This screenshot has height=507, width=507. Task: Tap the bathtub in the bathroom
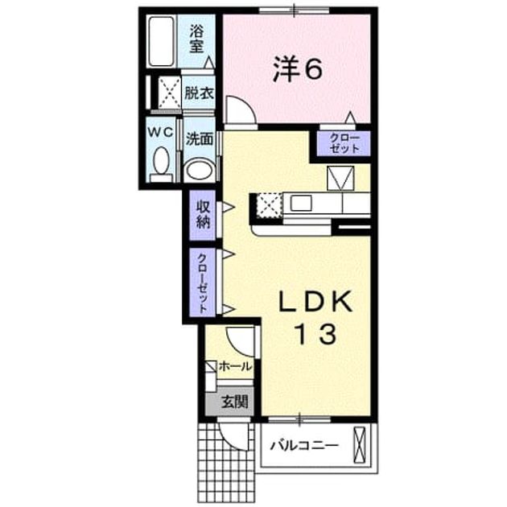[161, 41]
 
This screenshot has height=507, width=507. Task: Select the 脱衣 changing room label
[199, 93]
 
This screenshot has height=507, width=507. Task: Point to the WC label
[161, 132]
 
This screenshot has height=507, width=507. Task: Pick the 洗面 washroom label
[200, 139]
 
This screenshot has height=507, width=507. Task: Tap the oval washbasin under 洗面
[200, 170]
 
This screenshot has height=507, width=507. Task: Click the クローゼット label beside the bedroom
[344, 143]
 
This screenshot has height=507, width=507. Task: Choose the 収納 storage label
[203, 215]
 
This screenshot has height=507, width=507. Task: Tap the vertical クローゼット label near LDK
[203, 283]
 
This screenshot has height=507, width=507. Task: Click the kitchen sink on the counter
[301, 204]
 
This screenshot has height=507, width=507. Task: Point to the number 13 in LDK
[316, 334]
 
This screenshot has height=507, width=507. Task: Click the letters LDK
[315, 301]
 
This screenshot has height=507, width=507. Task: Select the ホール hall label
[235, 367]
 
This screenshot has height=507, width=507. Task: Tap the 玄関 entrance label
[235, 402]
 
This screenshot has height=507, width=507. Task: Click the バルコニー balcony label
[304, 446]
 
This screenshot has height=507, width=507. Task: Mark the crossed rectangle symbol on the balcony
[359, 445]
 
